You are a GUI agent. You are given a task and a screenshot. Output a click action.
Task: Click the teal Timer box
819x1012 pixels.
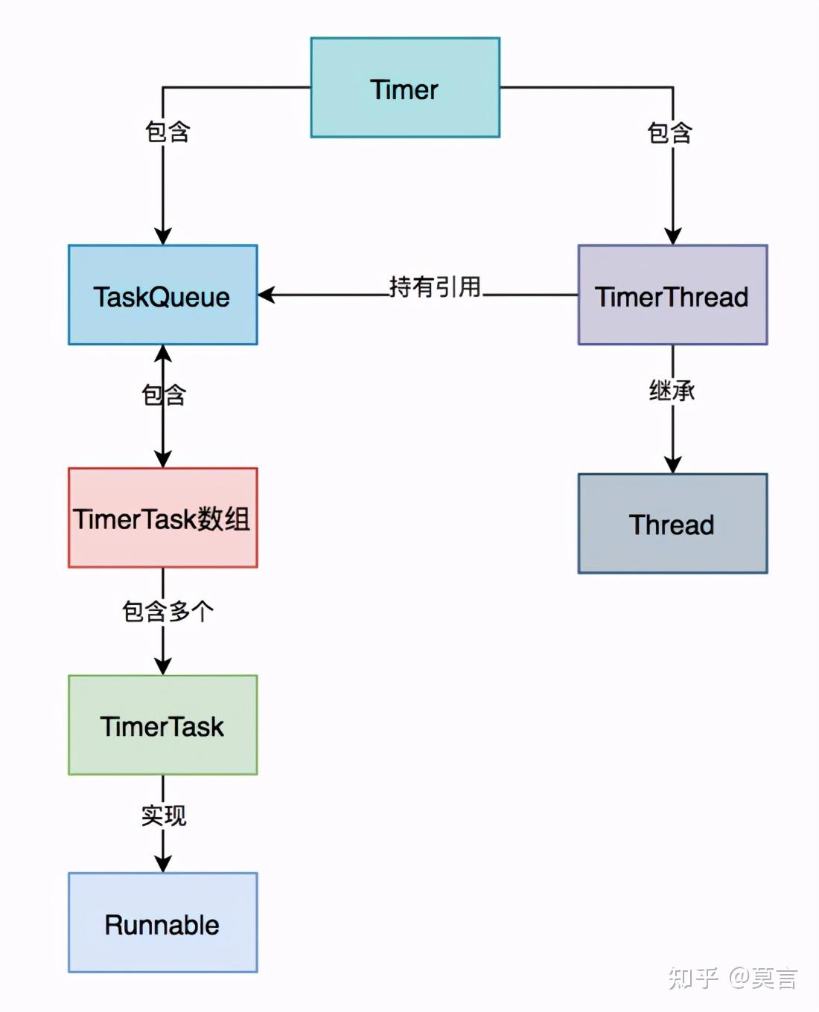tap(405, 88)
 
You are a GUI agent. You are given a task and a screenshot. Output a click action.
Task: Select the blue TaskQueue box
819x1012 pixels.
tap(162, 295)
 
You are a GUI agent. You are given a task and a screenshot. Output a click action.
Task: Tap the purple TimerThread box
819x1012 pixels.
tap(672, 295)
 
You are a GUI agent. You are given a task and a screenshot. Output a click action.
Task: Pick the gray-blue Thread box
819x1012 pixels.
tap(672, 524)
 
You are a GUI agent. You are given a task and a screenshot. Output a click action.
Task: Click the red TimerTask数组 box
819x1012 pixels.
tap(162, 518)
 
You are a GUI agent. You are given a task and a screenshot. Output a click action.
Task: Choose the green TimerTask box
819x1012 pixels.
tap(162, 726)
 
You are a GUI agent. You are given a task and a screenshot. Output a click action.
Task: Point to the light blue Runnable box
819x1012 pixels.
tap(162, 923)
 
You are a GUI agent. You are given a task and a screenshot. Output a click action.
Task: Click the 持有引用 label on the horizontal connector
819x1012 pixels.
tap(435, 286)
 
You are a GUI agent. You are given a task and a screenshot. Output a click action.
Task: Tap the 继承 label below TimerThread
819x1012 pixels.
tap(672, 390)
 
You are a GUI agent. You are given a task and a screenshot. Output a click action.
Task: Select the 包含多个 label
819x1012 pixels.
tap(168, 611)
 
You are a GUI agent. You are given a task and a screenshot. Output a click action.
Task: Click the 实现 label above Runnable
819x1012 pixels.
tap(164, 816)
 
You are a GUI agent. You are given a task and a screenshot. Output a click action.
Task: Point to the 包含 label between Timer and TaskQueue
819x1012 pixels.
tap(168, 132)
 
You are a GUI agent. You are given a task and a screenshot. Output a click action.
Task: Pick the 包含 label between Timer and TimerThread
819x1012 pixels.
tap(670, 133)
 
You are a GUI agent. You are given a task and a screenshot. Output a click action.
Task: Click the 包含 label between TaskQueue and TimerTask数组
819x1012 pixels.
tap(164, 394)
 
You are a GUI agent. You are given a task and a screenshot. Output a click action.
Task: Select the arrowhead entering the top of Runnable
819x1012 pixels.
tap(163, 864)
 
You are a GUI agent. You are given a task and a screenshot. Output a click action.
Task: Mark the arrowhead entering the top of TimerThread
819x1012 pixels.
tap(672, 236)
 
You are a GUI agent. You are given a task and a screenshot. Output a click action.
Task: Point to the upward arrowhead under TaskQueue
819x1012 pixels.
tap(163, 353)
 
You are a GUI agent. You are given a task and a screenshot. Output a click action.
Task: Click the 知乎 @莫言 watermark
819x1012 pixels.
tap(733, 977)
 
